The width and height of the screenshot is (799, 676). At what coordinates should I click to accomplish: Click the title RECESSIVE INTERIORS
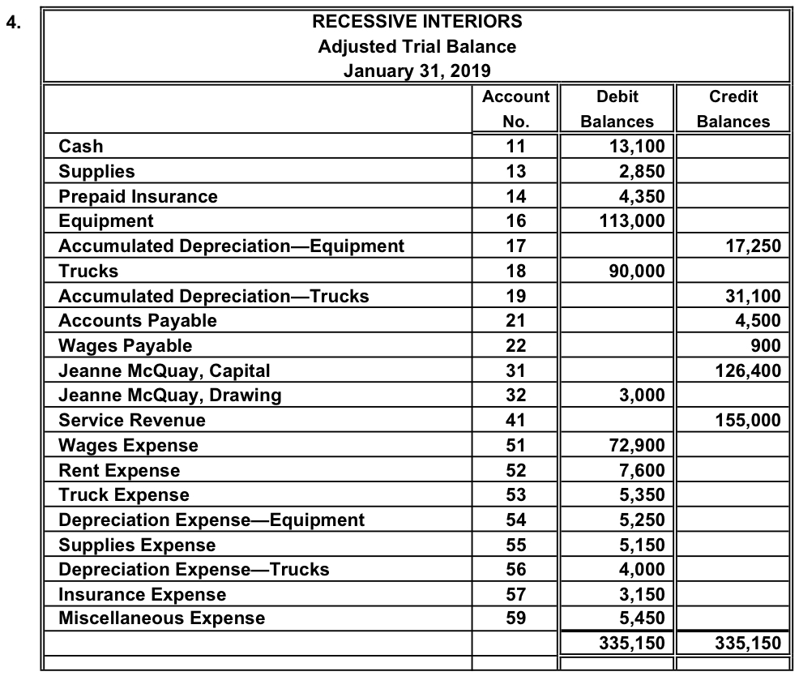coord(417,21)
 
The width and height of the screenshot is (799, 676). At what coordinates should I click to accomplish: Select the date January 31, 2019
coord(417,71)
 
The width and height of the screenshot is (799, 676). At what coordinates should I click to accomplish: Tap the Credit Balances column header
coord(733,109)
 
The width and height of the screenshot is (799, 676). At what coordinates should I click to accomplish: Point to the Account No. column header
coord(515,109)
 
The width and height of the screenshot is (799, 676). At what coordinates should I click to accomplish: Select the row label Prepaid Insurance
coord(138,196)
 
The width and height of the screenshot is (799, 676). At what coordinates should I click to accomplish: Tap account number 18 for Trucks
coord(515,272)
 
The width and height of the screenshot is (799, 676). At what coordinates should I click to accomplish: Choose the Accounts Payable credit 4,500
coord(760,321)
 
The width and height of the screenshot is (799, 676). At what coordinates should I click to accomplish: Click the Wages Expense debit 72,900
coord(636,445)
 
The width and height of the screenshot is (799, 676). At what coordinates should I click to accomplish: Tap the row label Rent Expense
coord(119,470)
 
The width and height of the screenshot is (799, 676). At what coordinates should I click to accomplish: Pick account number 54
coord(515,520)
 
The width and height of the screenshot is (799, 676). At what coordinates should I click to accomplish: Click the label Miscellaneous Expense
coord(161,618)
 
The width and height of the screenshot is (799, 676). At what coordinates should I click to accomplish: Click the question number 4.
coord(12,22)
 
